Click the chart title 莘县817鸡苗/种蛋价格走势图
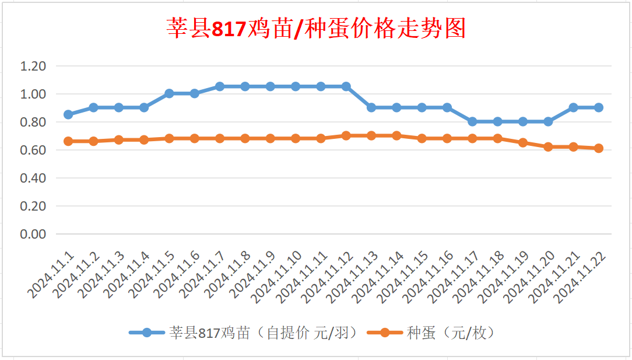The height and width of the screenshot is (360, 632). click(316, 28)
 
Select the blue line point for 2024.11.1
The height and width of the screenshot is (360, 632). click(68, 114)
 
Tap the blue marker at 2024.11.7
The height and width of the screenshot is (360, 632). click(220, 86)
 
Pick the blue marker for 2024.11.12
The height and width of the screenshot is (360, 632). click(346, 86)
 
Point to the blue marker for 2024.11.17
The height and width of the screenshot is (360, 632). click(472, 121)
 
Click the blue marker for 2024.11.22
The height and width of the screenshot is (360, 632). click(598, 107)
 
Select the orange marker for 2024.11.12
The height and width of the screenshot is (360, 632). click(346, 135)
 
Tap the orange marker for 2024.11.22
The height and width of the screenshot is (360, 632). click(598, 148)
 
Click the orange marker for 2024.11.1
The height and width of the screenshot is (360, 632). click(68, 141)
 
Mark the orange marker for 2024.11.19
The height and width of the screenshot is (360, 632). click(523, 142)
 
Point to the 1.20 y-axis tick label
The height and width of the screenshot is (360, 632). click(33, 66)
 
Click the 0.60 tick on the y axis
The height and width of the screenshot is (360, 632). click(33, 150)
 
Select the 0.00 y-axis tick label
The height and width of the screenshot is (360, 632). click(33, 234)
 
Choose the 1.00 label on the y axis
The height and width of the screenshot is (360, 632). click(33, 94)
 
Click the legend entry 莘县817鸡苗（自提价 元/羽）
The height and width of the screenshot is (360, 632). click(245, 333)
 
